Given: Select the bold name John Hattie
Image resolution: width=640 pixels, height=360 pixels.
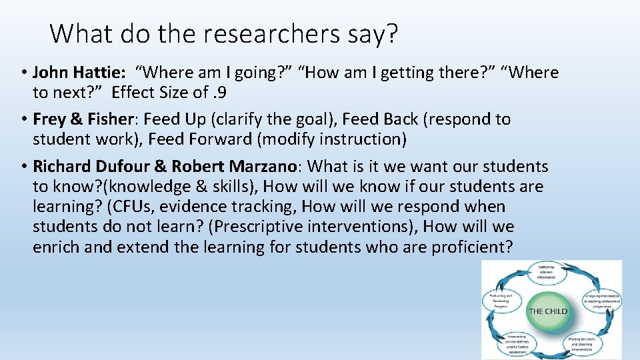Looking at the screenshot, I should (x=76, y=73).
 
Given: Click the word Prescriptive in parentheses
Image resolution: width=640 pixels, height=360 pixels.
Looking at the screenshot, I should (x=254, y=227).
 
